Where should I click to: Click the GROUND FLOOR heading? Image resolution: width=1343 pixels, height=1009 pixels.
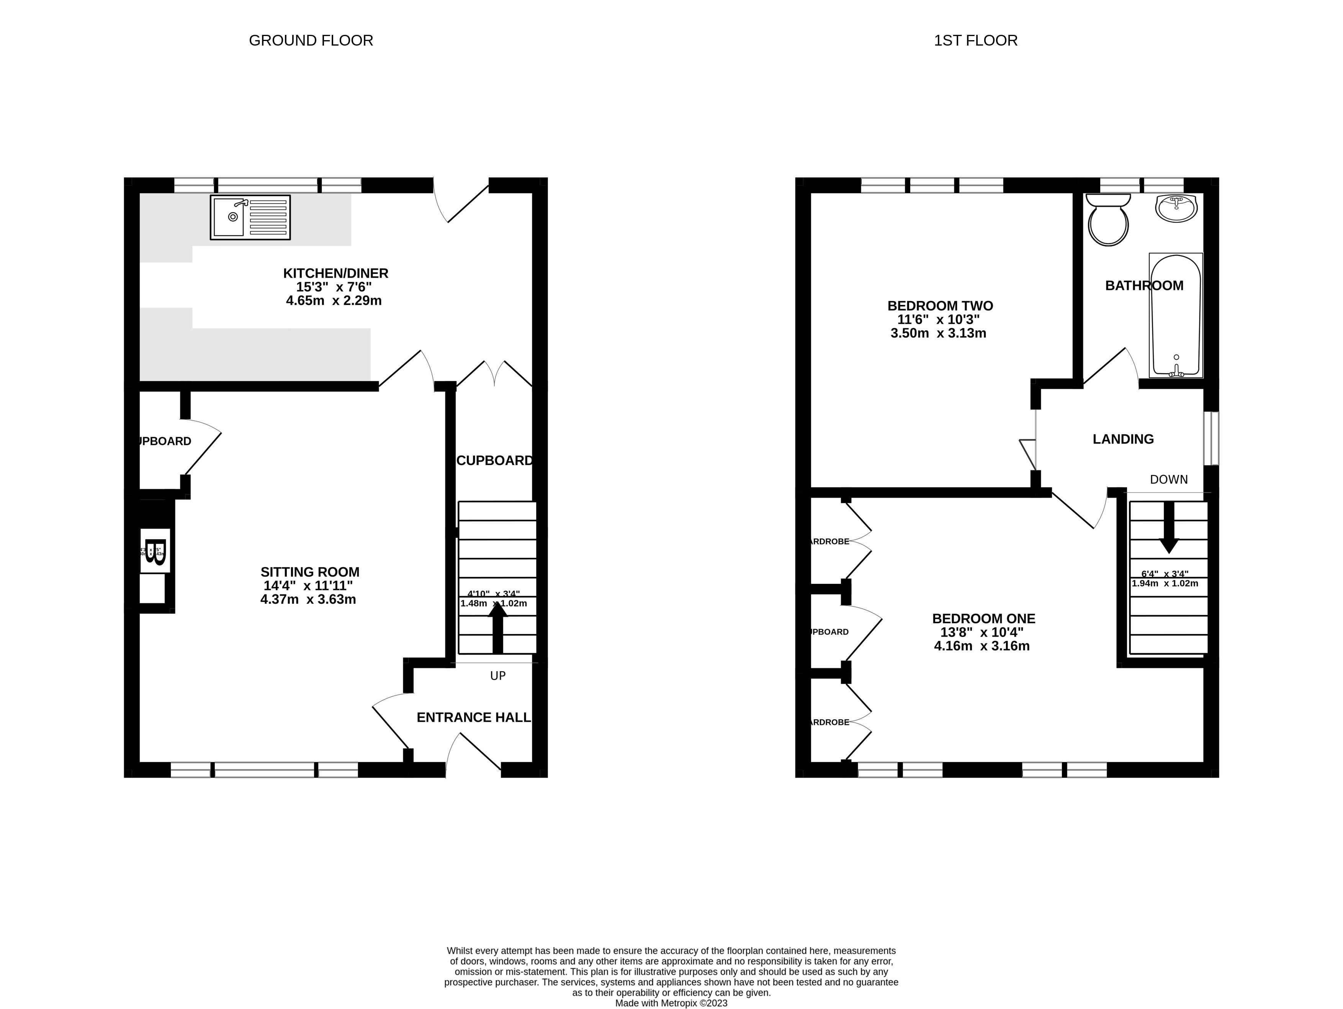[311, 41]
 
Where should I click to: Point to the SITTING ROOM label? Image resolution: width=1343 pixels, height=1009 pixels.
[310, 572]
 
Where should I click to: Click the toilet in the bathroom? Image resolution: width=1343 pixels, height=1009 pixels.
[1108, 220]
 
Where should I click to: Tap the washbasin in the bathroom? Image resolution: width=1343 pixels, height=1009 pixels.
[1176, 208]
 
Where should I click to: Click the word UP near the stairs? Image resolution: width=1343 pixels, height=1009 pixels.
[498, 675]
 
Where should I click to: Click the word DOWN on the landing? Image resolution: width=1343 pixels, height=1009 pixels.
[1169, 479]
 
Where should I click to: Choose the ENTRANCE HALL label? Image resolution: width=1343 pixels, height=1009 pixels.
[474, 717]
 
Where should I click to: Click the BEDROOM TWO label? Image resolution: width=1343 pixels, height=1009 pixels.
[940, 306]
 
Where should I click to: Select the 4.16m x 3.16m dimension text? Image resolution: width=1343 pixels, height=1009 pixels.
[982, 646]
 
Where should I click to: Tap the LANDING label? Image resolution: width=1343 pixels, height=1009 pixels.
[1123, 439]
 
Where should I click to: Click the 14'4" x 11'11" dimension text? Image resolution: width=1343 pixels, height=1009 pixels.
[308, 586]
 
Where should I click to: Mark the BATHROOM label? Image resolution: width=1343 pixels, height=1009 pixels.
[1144, 285]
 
